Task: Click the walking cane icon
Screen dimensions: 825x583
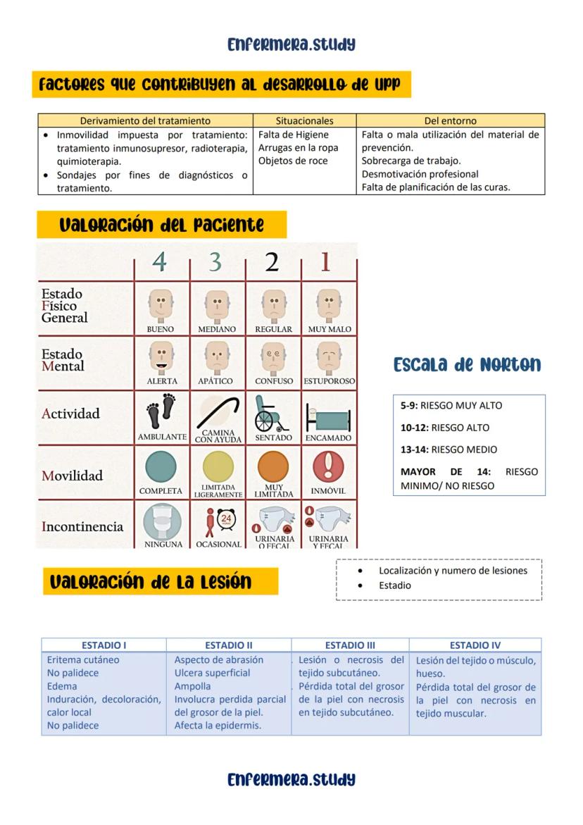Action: click(218, 411)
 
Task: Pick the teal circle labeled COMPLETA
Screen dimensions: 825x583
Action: click(161, 467)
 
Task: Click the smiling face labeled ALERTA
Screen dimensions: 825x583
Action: click(161, 358)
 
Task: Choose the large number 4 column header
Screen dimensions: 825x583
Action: click(160, 262)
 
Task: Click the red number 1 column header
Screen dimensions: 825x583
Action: click(325, 262)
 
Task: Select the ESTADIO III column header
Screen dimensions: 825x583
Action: click(350, 645)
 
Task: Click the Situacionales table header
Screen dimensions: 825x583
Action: click(304, 120)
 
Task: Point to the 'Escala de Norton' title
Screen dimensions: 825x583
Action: click(467, 365)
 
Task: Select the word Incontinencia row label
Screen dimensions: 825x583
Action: click(82, 527)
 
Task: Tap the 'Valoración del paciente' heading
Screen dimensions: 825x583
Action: click(161, 225)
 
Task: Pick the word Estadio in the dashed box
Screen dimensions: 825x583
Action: click(395, 585)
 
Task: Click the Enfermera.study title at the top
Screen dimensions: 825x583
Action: click(291, 45)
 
